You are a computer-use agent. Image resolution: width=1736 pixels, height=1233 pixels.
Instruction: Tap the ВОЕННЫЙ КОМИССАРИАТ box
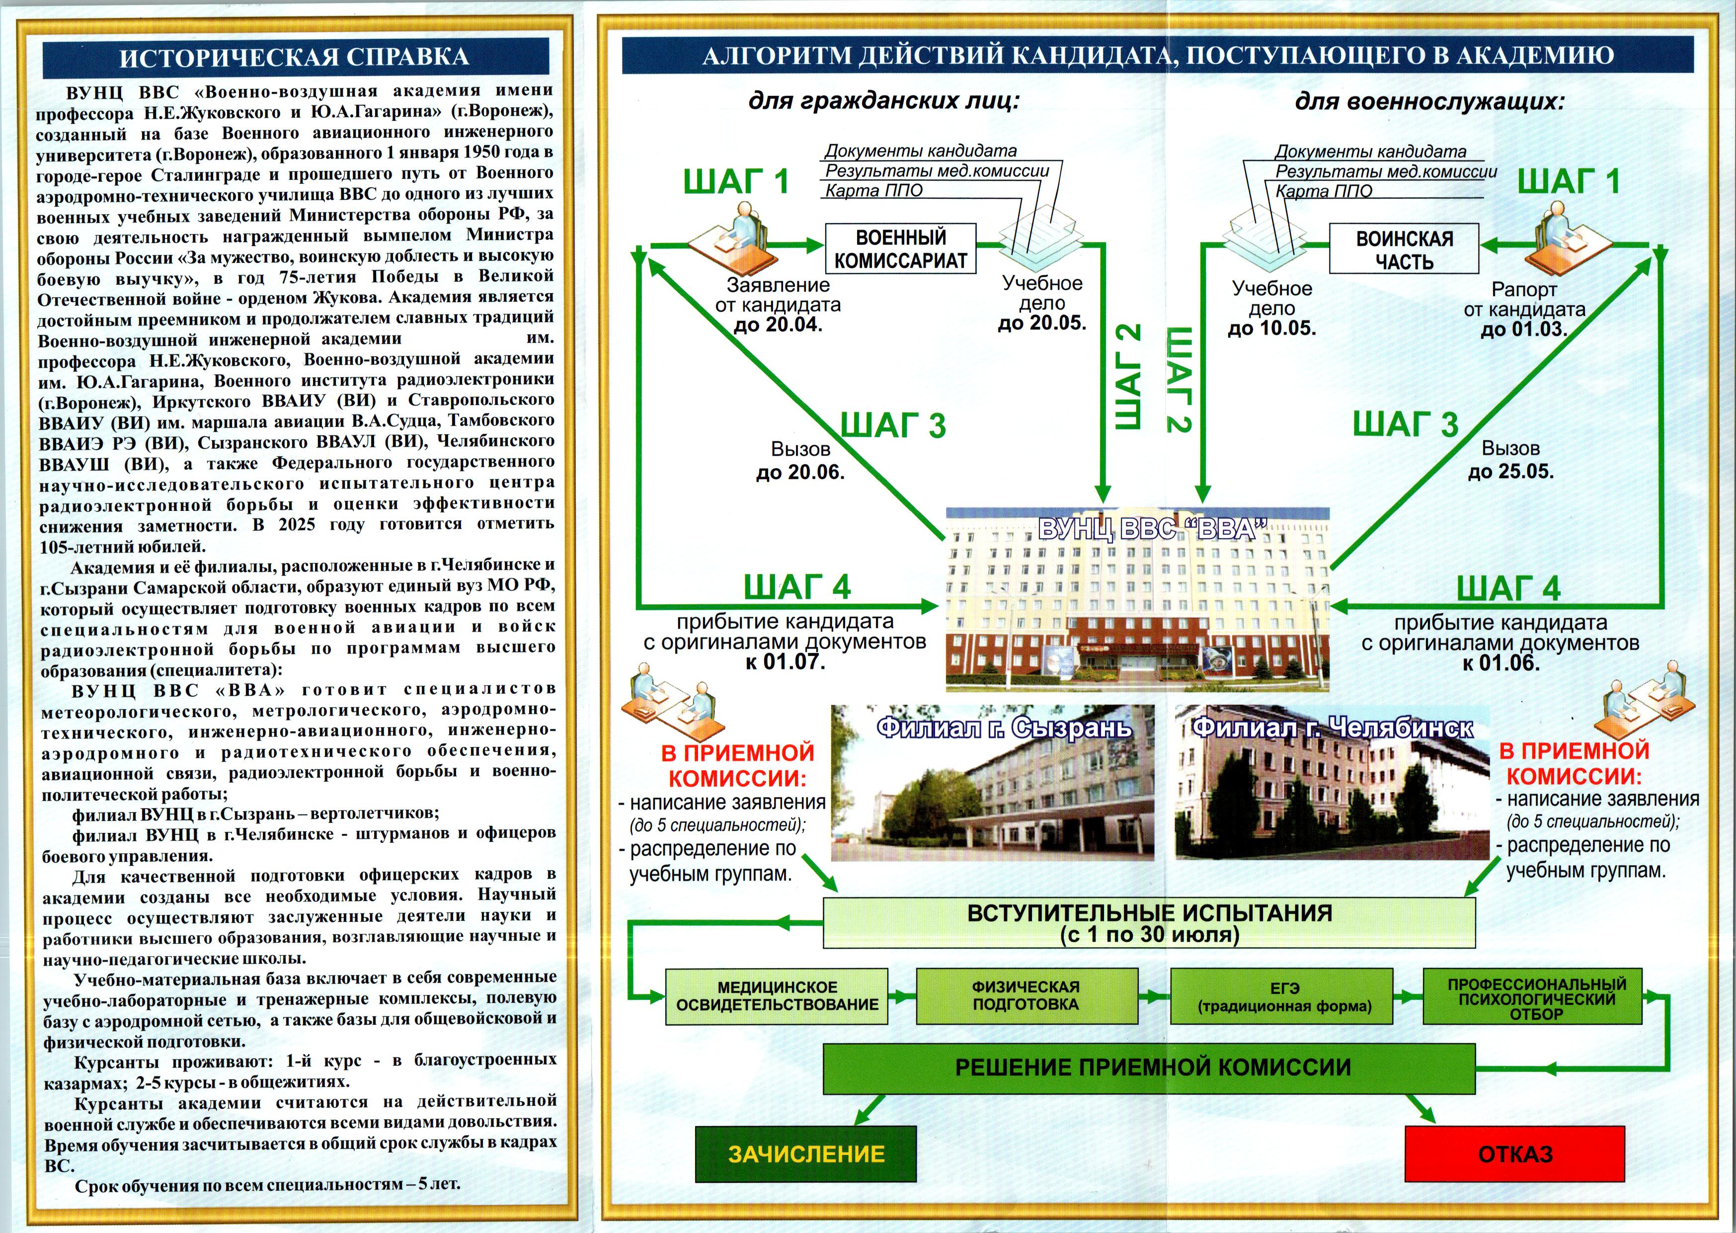900,248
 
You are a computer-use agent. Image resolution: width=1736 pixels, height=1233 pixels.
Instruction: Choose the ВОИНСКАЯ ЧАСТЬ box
1404,248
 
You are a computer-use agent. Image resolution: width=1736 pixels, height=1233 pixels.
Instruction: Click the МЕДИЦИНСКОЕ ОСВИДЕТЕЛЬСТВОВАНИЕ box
777,996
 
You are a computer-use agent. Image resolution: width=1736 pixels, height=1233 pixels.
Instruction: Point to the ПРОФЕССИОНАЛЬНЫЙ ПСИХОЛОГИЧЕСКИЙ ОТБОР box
1536,996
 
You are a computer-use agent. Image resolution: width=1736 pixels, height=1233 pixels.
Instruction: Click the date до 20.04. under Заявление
778,326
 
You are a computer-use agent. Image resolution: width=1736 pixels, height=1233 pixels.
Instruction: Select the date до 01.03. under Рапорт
1523,329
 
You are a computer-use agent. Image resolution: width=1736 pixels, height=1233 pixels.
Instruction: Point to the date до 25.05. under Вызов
1510,472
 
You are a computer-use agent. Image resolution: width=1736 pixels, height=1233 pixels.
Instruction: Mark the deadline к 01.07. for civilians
785,662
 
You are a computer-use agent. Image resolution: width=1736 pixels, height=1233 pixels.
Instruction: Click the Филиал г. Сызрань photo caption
1004,728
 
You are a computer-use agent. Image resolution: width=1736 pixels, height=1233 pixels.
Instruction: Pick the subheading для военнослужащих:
1430,101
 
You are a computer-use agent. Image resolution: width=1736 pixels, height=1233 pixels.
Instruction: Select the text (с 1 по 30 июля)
1149,935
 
